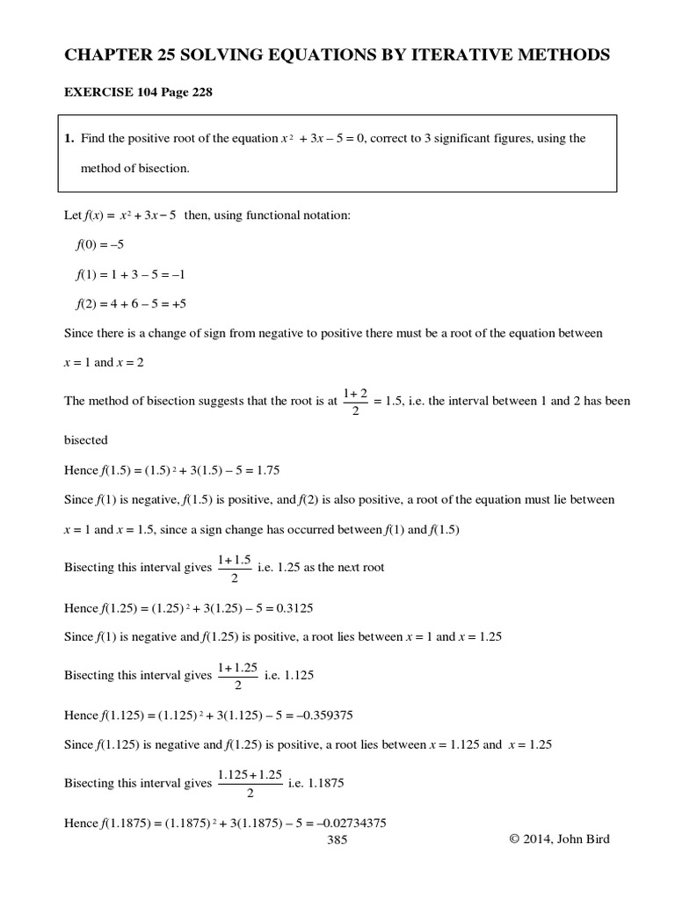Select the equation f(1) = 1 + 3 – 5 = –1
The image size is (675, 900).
pyautogui.click(x=130, y=274)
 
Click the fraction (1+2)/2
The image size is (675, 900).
pyautogui.click(x=355, y=401)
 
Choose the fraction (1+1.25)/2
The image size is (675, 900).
pyautogui.click(x=238, y=675)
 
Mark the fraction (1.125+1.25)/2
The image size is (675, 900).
pyautogui.click(x=250, y=782)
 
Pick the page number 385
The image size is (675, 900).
pyautogui.click(x=337, y=840)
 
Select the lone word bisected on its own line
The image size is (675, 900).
pyautogui.click(x=86, y=440)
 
